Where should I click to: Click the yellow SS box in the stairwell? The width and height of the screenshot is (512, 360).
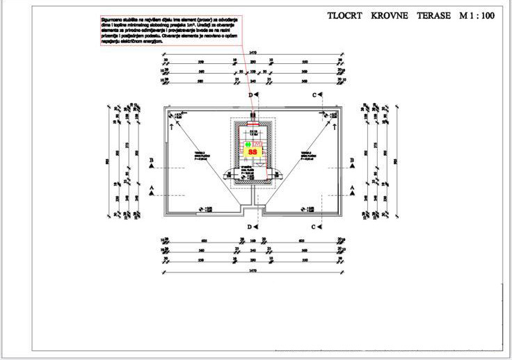click(x=253, y=151)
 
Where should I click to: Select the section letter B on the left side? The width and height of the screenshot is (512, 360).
click(x=151, y=161)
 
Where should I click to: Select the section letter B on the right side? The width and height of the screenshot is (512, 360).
click(x=352, y=161)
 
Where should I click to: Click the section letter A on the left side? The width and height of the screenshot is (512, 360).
click(x=151, y=188)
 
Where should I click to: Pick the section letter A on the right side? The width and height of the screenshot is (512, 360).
click(x=352, y=188)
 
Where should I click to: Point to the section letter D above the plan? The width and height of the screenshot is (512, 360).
click(x=251, y=95)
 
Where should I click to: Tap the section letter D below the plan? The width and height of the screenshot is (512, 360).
click(x=250, y=227)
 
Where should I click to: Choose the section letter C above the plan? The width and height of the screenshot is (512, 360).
click(x=314, y=95)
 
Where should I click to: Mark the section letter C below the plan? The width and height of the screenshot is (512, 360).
click(x=314, y=227)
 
